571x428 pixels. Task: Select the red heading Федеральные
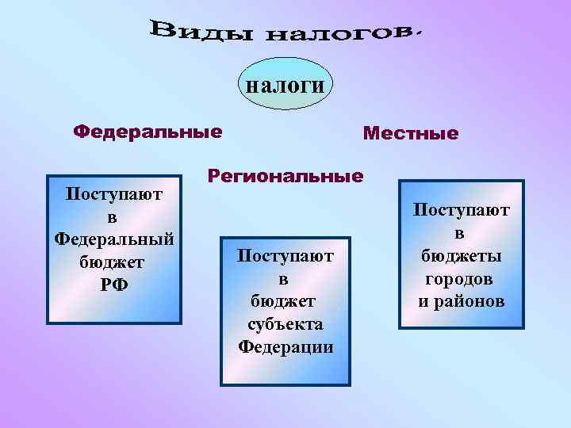[x=148, y=131]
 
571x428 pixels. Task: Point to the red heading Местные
[x=410, y=133]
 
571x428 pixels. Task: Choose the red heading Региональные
[x=285, y=176]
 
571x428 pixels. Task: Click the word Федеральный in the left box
[x=114, y=239]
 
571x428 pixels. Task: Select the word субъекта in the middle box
[x=285, y=324]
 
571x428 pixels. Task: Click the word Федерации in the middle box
[x=285, y=347]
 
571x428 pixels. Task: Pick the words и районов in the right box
[x=461, y=302]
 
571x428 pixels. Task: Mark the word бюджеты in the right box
[x=460, y=256]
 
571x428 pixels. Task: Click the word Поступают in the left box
[x=114, y=193]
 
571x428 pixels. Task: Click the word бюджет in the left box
[x=114, y=262]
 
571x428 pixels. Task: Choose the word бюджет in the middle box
[x=285, y=301]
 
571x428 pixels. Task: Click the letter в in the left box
[x=114, y=216]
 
